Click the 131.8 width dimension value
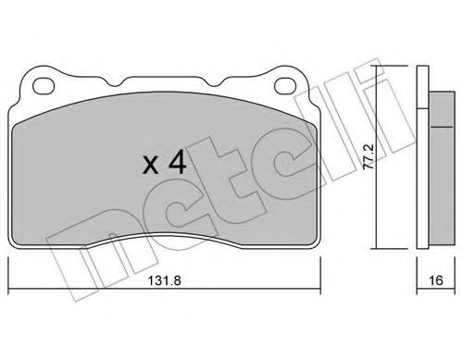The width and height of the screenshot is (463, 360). (164, 280)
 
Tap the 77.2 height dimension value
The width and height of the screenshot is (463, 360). (369, 156)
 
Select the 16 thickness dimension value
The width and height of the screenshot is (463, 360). (436, 280)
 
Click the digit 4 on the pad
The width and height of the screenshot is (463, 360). (177, 162)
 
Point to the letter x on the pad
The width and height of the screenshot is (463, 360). (151, 165)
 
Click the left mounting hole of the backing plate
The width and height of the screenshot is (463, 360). (44, 85)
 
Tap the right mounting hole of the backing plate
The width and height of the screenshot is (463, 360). (285, 85)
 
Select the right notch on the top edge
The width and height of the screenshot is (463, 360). (214, 81)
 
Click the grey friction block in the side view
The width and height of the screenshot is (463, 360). (442, 168)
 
